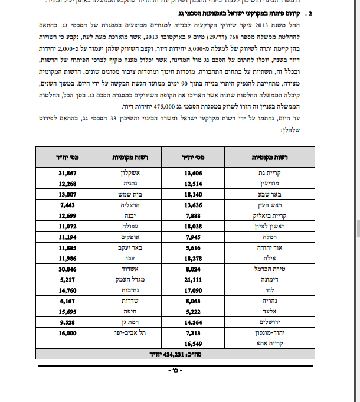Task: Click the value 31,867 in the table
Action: click(x=69, y=173)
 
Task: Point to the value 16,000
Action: click(x=69, y=334)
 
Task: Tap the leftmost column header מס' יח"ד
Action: click(x=69, y=158)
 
